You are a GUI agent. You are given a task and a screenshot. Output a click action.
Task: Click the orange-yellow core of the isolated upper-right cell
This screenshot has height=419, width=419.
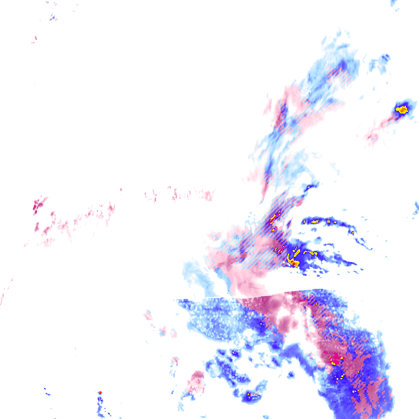[402, 110]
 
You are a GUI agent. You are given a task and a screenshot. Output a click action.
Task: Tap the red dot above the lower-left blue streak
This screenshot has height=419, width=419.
[100, 392]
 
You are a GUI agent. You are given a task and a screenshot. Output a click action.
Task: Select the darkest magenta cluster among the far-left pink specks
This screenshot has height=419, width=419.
[39, 206]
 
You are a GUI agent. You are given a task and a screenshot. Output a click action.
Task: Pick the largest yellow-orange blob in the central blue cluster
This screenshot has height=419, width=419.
[295, 262]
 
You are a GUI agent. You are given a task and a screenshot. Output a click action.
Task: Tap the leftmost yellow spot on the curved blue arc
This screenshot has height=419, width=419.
[315, 221]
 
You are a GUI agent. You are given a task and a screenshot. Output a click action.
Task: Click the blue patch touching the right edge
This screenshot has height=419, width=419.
[416, 207]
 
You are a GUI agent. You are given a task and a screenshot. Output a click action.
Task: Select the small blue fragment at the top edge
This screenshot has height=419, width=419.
[393, 3]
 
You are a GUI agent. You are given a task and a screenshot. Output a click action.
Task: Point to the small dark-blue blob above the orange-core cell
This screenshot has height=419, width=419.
[385, 57]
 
